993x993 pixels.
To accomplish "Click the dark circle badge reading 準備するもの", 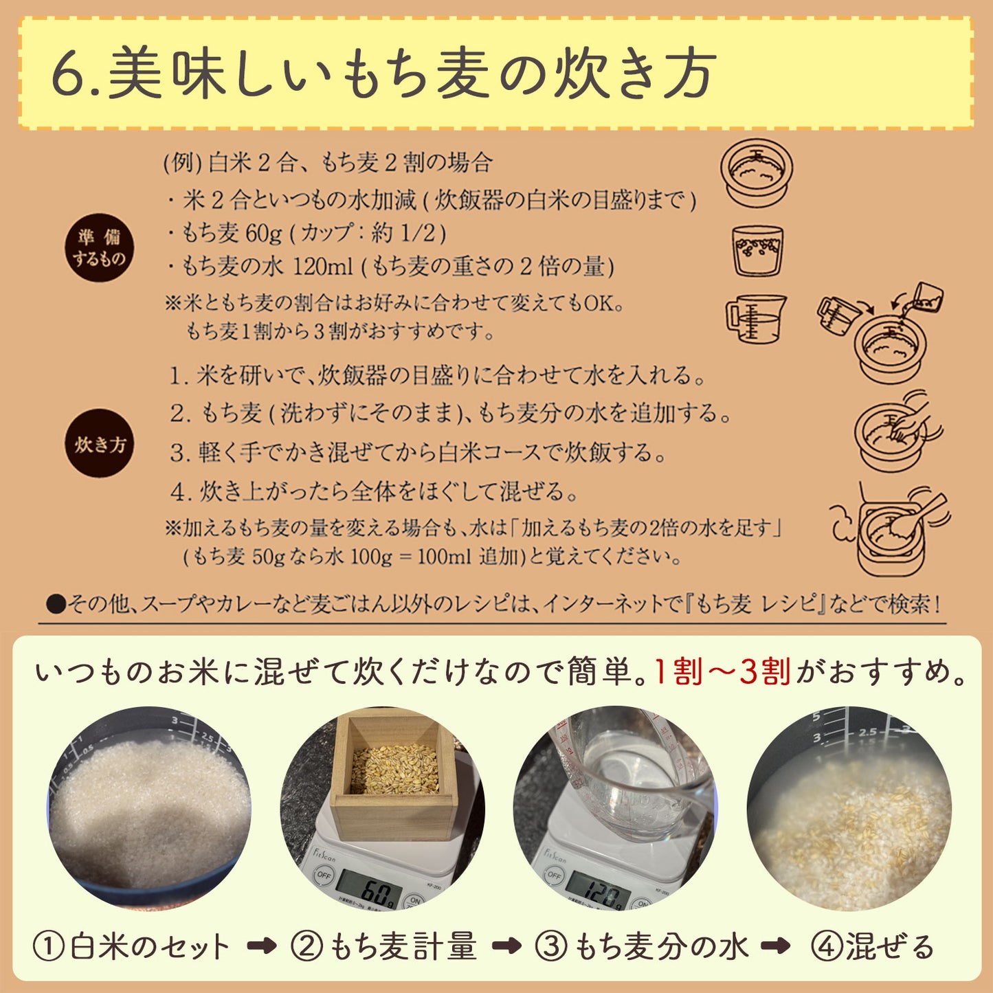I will click(100, 247).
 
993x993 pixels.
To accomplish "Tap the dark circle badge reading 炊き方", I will click(100, 444).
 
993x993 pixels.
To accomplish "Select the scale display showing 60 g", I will click(370, 891).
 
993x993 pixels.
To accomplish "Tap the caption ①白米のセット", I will click(131, 947).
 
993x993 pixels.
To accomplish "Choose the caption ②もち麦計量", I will click(383, 947).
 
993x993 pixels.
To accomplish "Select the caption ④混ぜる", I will click(873, 947).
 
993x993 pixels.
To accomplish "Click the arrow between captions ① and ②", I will click(261, 947).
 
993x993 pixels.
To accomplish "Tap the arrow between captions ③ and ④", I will click(775, 947).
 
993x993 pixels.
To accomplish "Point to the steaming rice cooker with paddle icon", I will click(891, 529).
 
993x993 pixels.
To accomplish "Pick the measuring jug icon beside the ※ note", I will click(756, 318).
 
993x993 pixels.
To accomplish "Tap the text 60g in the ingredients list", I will click(263, 234).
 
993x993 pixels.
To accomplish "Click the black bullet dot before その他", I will click(55, 604).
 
